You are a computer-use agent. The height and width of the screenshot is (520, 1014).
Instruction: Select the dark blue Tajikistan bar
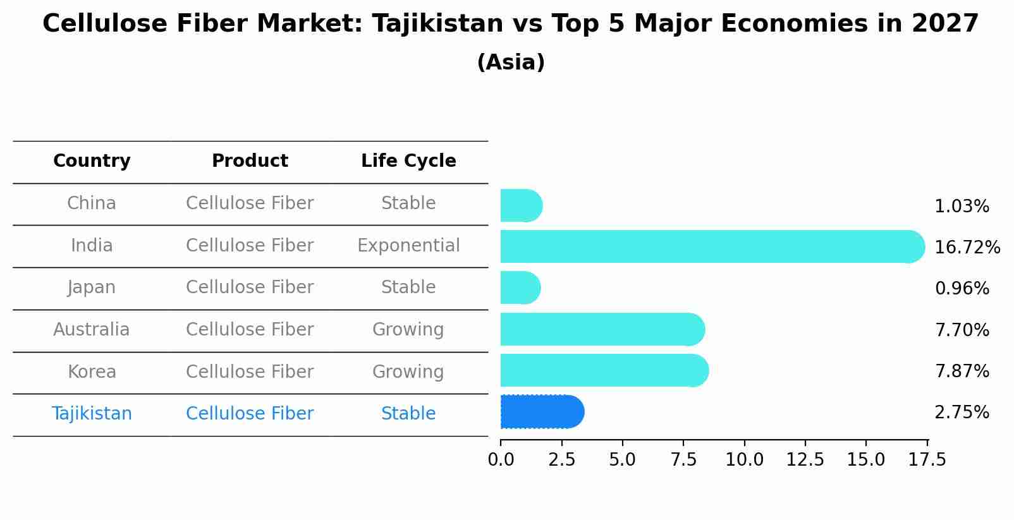[541, 412]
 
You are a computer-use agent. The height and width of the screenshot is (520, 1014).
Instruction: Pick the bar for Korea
[604, 370]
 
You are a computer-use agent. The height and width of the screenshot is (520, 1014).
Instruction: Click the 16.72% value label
[967, 247]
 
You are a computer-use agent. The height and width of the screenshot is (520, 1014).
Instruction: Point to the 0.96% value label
[962, 289]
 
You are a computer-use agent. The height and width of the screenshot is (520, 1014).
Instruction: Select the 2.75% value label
[962, 413]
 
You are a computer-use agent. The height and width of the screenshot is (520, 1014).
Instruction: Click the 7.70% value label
[962, 330]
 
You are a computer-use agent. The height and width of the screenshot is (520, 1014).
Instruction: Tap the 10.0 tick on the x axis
[744, 460]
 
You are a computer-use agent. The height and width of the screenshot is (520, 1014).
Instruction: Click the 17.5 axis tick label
[927, 460]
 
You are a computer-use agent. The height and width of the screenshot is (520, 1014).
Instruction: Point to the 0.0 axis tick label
[501, 460]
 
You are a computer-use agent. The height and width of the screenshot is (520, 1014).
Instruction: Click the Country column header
[92, 161]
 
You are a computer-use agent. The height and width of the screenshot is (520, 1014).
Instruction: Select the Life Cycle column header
[408, 161]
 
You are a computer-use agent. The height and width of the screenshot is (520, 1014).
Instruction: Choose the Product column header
[250, 161]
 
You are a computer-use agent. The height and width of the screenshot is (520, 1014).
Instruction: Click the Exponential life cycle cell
[408, 245]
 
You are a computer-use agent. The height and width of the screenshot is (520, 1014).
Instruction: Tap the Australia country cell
[92, 330]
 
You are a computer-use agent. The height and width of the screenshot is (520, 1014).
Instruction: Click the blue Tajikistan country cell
[92, 414]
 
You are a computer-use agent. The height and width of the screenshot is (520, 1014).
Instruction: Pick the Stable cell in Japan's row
[408, 287]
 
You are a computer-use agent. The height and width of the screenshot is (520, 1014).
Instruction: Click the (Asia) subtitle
[511, 63]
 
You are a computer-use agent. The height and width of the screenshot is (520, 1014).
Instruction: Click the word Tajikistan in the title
[437, 24]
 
